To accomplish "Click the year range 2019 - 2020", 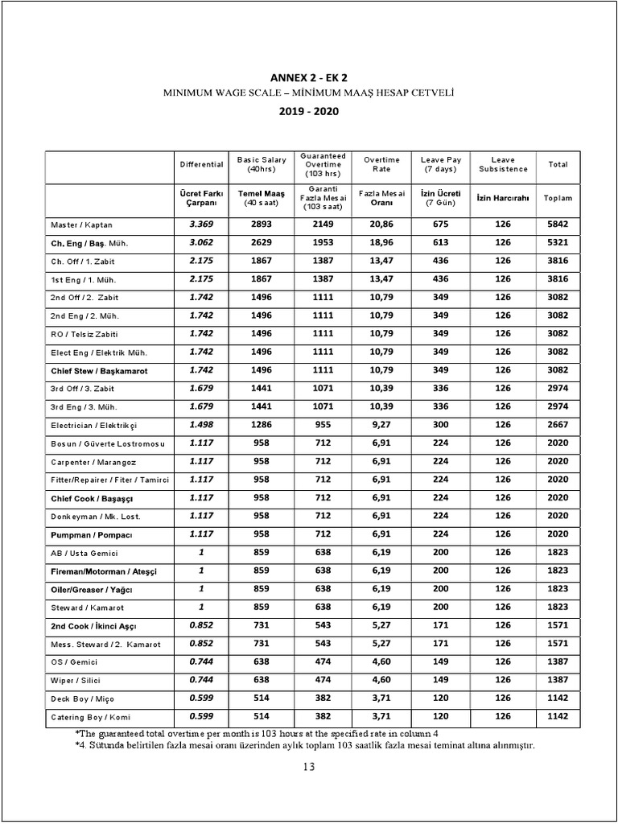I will click(x=309, y=111).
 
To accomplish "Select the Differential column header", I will click(x=201, y=164).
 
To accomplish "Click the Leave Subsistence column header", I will click(x=503, y=164).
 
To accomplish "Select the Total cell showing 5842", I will click(x=558, y=225).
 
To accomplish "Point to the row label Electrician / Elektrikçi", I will click(x=95, y=425).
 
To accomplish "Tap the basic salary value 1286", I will click(x=262, y=425).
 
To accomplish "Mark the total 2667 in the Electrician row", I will click(x=558, y=425).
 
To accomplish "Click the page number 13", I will click(x=309, y=767).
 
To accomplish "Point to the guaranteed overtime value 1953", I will click(x=323, y=243).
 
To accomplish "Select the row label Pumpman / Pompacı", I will click(x=90, y=534).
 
